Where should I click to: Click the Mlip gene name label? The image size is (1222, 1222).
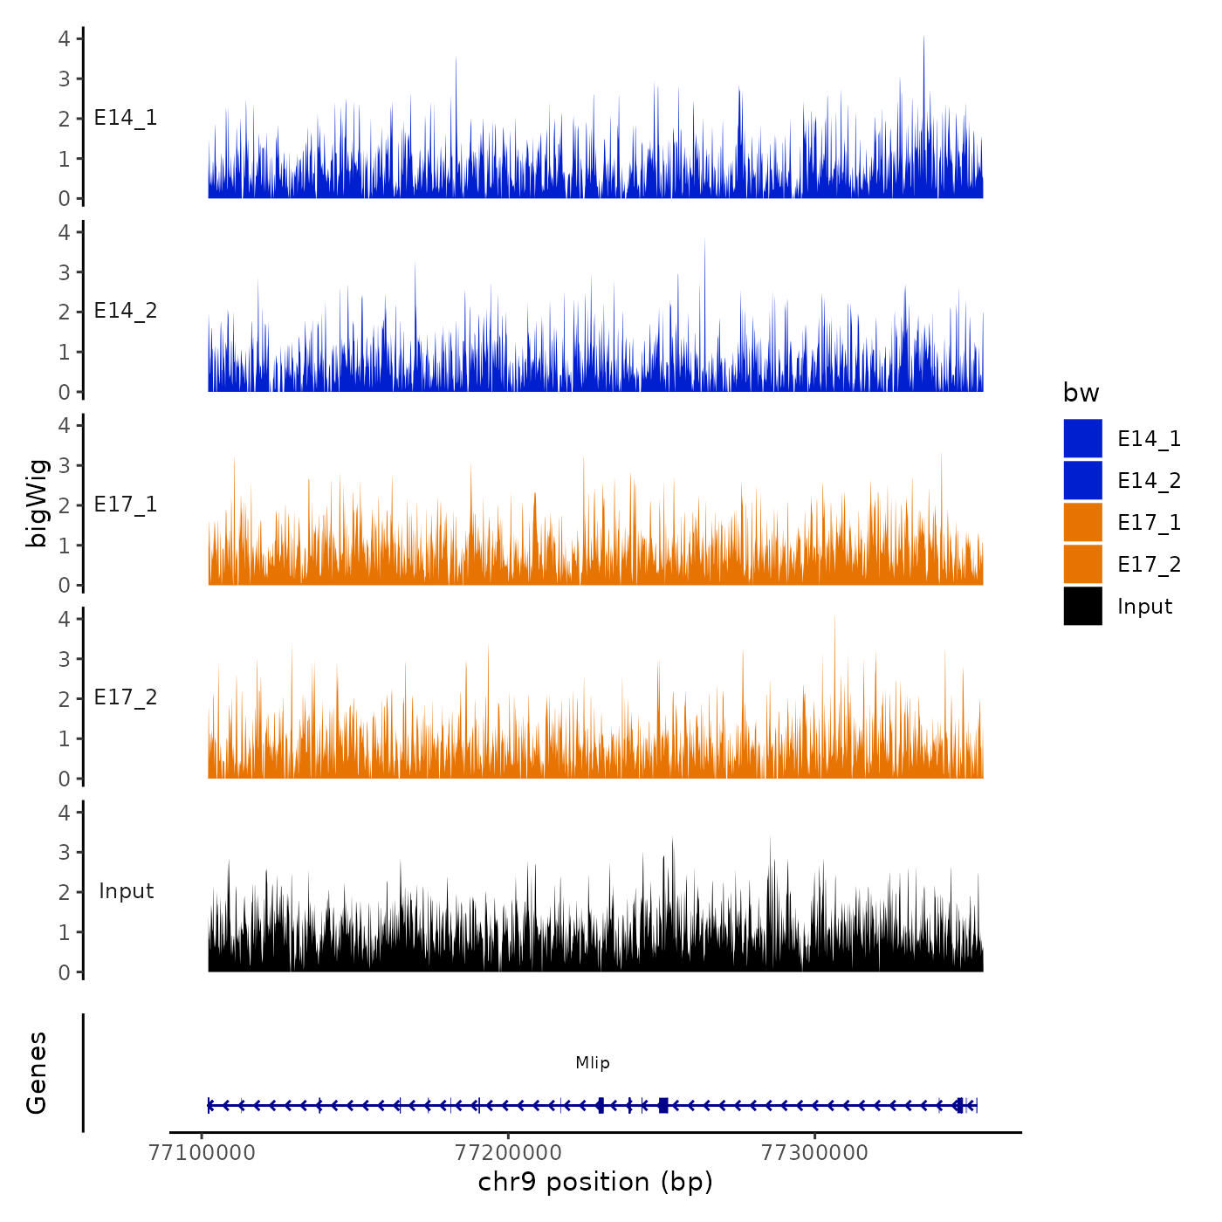point(593,1063)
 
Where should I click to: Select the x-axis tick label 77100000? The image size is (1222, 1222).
point(203,1153)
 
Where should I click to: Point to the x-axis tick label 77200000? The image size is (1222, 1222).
point(508,1153)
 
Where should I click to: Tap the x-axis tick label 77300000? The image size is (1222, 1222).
point(814,1153)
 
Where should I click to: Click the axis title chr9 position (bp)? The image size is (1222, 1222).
point(595,1183)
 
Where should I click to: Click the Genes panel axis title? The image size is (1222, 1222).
point(37,1073)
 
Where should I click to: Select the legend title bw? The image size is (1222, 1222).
point(1081,394)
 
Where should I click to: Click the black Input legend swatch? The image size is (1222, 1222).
point(1082,607)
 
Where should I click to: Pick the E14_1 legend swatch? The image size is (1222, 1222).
point(1082,439)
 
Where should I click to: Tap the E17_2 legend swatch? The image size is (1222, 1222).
point(1082,565)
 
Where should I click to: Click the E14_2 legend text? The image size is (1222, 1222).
point(1149,481)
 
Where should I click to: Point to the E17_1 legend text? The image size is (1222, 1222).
point(1149,523)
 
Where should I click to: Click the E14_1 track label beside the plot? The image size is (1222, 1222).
point(126,118)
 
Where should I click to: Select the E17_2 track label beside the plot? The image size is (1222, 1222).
point(126,697)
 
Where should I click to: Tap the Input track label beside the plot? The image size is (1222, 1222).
point(126,891)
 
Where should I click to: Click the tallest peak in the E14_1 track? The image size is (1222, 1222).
point(923,39)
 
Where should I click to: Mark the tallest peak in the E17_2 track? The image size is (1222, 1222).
point(834,618)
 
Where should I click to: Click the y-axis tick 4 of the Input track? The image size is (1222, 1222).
point(64,813)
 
